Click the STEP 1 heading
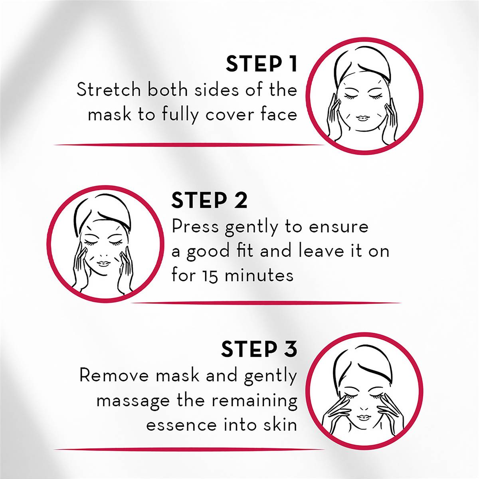point(261,64)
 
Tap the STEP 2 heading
point(209,200)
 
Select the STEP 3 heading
point(259,349)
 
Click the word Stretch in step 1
point(109,90)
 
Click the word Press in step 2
point(195,227)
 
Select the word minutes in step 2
point(259,275)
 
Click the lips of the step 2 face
point(104,263)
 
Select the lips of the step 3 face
point(364,417)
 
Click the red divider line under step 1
point(190,144)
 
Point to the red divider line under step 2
point(265,303)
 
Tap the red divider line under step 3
point(190,449)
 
